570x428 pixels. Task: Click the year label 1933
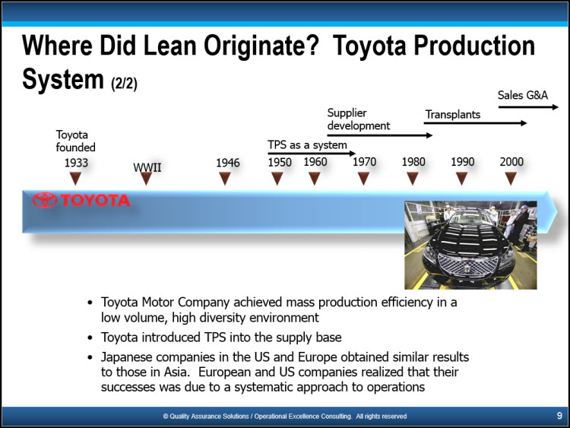point(76,163)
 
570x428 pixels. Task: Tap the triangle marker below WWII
point(146,178)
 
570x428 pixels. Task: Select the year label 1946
point(228,163)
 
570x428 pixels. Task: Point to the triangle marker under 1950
point(277,178)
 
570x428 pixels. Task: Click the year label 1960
point(315,162)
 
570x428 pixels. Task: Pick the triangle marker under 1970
point(363,178)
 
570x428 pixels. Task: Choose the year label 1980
point(413,162)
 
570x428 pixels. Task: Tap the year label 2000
point(511,162)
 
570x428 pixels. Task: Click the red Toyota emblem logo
point(45,200)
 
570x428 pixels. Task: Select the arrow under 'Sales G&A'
point(528,107)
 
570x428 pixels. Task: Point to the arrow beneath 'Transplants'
point(475,123)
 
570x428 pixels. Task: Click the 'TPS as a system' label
point(307,145)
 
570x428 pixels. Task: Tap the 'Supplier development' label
point(359,119)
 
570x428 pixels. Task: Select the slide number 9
point(559,416)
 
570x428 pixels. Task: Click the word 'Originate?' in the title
point(261,46)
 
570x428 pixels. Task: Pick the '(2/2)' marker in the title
point(124,84)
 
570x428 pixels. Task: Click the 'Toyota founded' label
point(75,141)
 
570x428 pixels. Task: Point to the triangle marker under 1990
point(461,178)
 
